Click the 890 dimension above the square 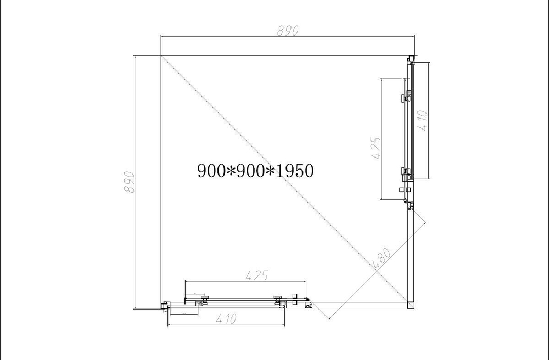[x=287, y=31]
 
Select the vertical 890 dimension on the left [x=130, y=181]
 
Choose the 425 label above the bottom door [x=256, y=276]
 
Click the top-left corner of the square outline [x=161, y=55]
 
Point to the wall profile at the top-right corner [x=410, y=59]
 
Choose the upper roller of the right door [x=405, y=98]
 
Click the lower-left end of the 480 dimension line [x=328, y=319]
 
